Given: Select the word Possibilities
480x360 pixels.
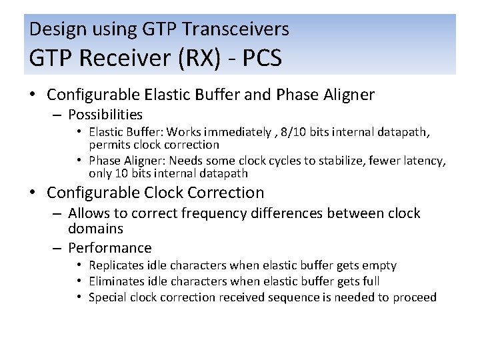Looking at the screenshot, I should [x=105, y=115].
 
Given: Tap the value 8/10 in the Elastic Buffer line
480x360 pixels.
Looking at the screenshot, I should [x=300, y=132].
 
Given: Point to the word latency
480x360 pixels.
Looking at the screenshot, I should [x=423, y=161].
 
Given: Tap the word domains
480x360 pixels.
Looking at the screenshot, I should [x=95, y=229].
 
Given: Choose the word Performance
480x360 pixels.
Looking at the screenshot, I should [x=110, y=248].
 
